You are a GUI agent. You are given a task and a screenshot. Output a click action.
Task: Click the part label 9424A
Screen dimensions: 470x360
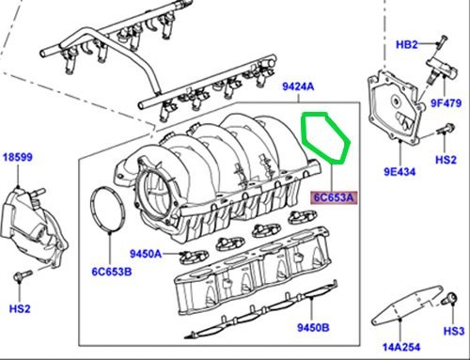[298, 86]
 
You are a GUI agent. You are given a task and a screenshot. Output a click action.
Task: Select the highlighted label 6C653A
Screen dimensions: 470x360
[334, 197]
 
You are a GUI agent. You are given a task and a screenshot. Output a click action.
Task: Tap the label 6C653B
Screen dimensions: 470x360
[112, 272]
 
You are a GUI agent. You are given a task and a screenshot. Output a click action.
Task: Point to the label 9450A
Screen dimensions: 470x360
[146, 254]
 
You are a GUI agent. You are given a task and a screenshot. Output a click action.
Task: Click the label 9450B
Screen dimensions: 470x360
[313, 327]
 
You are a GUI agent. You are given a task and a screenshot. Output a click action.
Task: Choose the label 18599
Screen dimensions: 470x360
[18, 157]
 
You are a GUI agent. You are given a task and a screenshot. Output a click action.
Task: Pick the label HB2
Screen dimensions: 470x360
[407, 45]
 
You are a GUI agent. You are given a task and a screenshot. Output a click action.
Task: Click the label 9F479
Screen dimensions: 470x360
[446, 103]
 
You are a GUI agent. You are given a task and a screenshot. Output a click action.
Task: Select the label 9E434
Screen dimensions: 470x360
[399, 172]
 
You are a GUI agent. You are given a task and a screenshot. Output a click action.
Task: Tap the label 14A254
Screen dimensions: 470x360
[401, 347]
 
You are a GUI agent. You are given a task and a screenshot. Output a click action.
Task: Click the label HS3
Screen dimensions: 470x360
[453, 331]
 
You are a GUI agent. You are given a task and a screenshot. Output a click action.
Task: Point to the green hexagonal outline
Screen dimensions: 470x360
[302, 132]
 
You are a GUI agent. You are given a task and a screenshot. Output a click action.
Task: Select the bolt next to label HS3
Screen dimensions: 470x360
[449, 299]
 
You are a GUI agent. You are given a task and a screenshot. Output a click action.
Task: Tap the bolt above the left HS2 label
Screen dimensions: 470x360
[23, 275]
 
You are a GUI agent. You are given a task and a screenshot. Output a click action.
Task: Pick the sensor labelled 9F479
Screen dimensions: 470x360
[442, 69]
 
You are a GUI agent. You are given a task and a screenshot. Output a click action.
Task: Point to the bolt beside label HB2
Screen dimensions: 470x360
[442, 43]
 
